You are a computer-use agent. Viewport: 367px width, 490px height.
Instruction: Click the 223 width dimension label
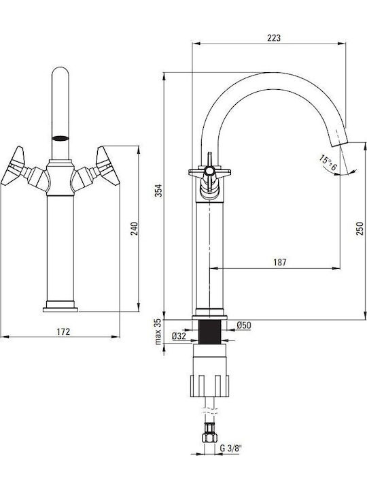click(274, 38)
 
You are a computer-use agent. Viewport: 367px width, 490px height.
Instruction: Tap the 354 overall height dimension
click(159, 190)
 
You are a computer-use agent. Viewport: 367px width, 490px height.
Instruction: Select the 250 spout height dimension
click(360, 229)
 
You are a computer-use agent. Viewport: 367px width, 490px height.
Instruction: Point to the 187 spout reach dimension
click(279, 262)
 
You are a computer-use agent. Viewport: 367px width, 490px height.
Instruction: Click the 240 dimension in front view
click(134, 229)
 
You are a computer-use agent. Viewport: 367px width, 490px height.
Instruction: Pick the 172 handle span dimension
click(63, 331)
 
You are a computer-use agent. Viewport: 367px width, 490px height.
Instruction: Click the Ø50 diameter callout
click(244, 325)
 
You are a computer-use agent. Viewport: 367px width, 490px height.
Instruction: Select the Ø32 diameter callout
click(179, 336)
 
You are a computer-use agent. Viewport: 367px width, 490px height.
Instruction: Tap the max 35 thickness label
click(158, 331)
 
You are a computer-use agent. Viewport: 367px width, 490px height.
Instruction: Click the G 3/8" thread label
click(231, 448)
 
